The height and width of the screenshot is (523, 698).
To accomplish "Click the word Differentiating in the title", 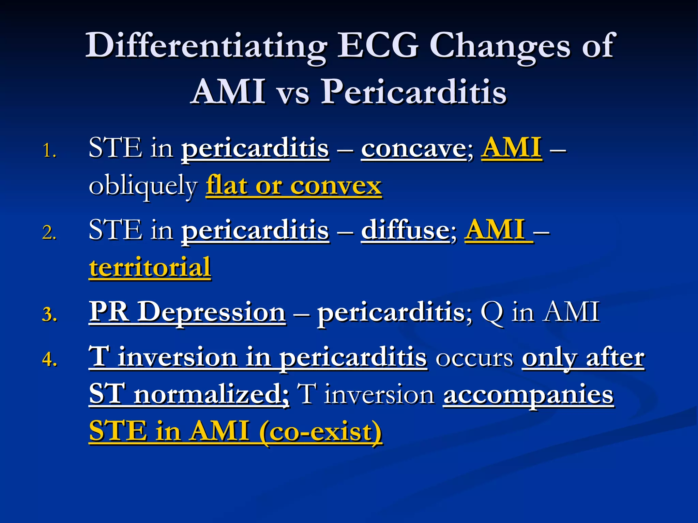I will (x=206, y=46).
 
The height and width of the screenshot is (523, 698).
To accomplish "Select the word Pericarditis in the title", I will (x=414, y=92).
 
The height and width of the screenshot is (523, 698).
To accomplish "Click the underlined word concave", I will (x=413, y=149).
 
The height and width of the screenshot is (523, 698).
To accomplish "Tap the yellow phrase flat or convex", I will (x=293, y=186).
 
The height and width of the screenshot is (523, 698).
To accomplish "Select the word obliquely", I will (x=143, y=186).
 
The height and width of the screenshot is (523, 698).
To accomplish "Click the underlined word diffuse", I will (x=406, y=231).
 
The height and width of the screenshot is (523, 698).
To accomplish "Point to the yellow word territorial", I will (x=150, y=268).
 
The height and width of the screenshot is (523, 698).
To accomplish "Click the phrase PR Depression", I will (x=187, y=312).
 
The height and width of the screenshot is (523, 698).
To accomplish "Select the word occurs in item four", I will (x=474, y=358).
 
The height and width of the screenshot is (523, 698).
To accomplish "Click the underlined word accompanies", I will (x=528, y=395).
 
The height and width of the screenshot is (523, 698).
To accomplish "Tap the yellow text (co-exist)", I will (x=320, y=432).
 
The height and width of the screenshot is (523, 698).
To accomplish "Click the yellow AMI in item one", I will (x=511, y=148).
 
